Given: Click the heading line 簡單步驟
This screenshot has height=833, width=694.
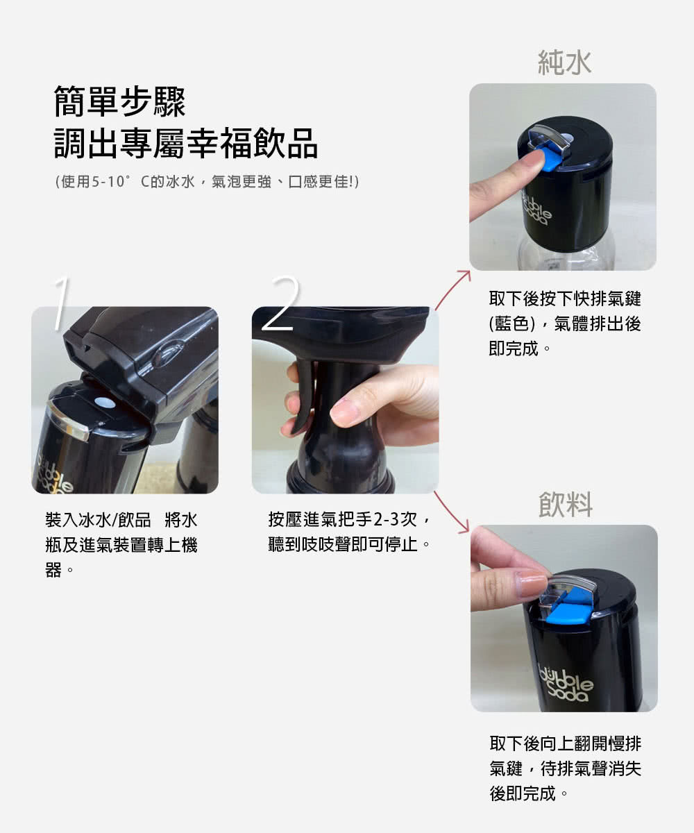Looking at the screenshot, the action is click(119, 101).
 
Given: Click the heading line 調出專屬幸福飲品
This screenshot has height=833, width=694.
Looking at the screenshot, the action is click(186, 143).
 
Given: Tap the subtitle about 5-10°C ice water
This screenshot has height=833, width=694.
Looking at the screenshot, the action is click(207, 182).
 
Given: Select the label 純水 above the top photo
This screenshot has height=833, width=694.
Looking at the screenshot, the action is click(564, 62).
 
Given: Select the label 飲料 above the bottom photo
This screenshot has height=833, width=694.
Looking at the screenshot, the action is click(566, 505).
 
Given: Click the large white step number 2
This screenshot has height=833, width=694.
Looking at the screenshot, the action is click(281, 303).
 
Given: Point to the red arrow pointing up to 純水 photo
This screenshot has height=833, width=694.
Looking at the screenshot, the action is click(452, 290).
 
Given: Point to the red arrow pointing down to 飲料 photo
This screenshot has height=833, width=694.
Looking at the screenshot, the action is click(451, 513).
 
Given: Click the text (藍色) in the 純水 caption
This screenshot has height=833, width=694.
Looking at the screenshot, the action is click(511, 323).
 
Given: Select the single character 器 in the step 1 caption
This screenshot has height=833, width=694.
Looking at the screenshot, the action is click(53, 570).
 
